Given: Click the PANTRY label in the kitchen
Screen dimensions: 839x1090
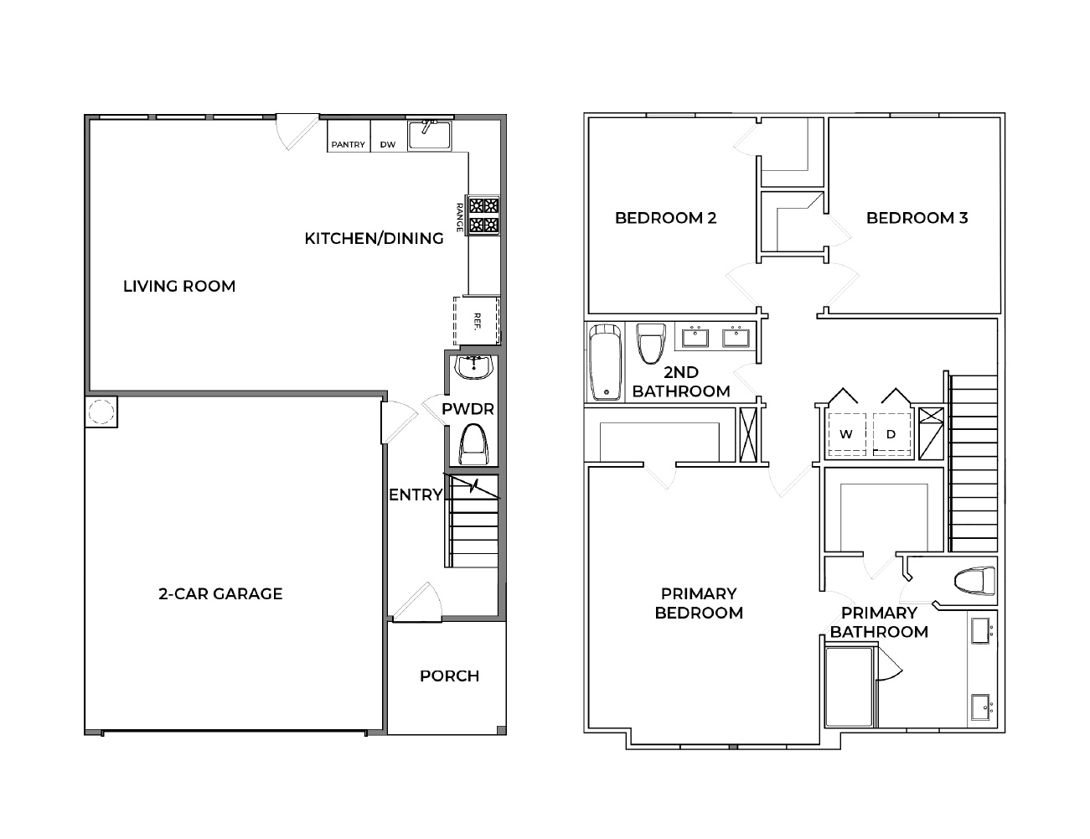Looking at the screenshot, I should [x=348, y=144].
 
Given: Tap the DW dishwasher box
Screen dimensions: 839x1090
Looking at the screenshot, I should [x=387, y=144].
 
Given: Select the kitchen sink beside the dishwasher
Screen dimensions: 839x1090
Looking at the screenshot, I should [x=429, y=135].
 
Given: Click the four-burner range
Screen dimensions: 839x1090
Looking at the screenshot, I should [x=483, y=215].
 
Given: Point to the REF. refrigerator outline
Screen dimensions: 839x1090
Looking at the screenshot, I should [x=477, y=320].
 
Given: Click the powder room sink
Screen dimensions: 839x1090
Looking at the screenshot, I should [x=473, y=366].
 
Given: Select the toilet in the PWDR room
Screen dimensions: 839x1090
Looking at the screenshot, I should [x=474, y=443].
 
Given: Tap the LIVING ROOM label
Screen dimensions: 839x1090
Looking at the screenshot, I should [x=179, y=286].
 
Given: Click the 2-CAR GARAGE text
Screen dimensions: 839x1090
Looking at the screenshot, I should [x=220, y=593].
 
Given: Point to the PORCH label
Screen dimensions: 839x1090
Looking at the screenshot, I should [x=449, y=676].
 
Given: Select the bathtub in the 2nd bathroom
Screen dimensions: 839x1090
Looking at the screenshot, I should [x=604, y=362].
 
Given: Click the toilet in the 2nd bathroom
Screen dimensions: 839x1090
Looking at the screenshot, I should [x=650, y=344].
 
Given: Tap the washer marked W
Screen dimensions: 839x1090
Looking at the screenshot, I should [x=846, y=434].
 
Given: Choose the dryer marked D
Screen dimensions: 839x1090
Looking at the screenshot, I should [x=891, y=434].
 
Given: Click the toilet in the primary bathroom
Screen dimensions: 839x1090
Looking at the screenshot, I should [x=975, y=580].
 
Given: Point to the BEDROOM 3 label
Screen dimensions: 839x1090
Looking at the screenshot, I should [x=917, y=218].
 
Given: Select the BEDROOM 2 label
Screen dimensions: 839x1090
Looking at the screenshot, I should [x=665, y=218].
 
